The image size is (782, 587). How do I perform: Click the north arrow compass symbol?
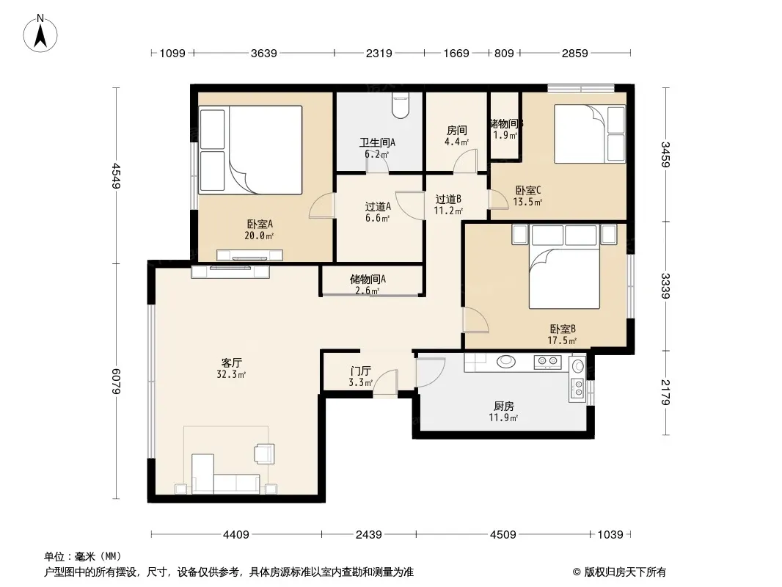[40, 34]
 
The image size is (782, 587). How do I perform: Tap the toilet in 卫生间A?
[400, 105]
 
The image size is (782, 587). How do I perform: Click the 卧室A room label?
[260, 224]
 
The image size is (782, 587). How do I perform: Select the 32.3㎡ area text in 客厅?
[231, 374]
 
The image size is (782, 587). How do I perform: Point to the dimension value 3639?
[263, 53]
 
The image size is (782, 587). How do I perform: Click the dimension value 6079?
[116, 381]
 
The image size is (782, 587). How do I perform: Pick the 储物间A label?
[368, 279]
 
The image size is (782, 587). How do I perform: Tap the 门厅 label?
[360, 371]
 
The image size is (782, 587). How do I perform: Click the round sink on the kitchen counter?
[505, 361]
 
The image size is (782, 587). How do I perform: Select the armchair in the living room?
[264, 453]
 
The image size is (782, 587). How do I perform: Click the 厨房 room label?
[504, 406]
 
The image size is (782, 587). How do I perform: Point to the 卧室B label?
[563, 329]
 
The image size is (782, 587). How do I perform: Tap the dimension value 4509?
[503, 535]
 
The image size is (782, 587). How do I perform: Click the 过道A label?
[378, 206]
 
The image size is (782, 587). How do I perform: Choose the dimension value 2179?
[665, 392]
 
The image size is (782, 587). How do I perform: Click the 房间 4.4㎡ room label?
[456, 136]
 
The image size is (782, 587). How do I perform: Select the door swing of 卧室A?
[321, 205]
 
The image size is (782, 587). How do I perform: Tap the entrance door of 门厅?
[386, 384]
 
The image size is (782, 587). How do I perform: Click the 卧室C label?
[527, 190]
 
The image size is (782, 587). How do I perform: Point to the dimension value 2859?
[574, 53]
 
